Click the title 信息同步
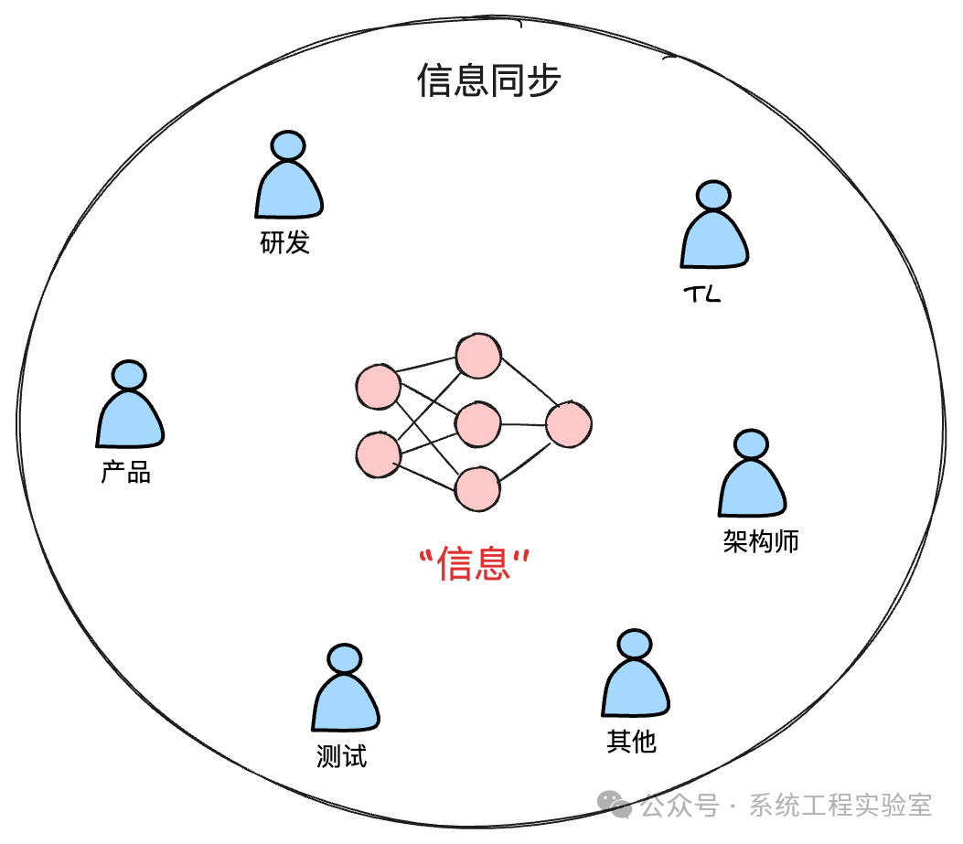[488, 80]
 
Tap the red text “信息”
[474, 564]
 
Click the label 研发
[285, 243]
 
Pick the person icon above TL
[714, 228]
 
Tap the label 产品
[126, 473]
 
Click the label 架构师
[761, 541]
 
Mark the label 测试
[341, 757]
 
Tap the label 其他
[631, 741]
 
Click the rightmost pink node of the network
[569, 424]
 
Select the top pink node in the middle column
[479, 357]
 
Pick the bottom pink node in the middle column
[478, 489]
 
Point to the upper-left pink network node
[378, 387]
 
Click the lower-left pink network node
[378, 454]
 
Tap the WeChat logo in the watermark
[615, 805]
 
